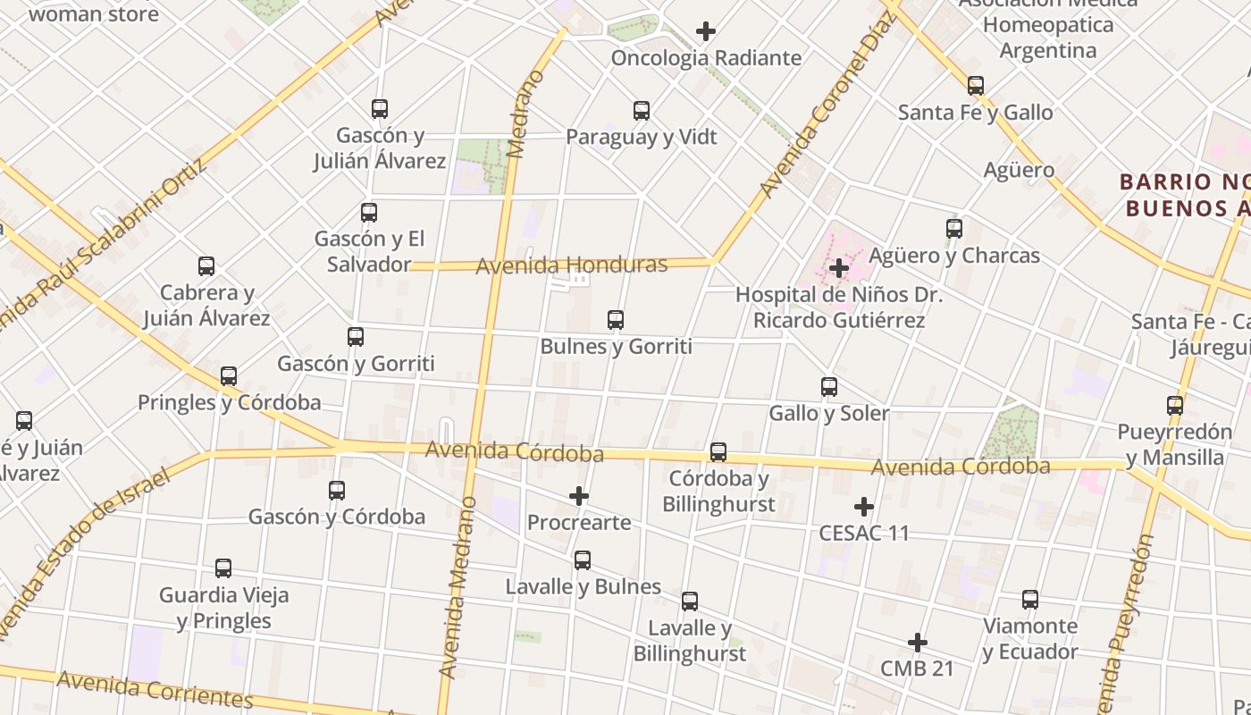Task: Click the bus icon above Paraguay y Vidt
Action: [642, 111]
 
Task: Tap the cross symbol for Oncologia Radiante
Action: [706, 31]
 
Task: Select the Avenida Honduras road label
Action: [572, 265]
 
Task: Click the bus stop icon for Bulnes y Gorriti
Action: [616, 320]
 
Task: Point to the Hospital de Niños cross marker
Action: [838, 267]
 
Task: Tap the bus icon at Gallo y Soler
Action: [829, 387]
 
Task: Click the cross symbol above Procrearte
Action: [579, 496]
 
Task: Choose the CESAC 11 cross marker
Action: [863, 507]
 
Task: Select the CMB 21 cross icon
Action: [917, 643]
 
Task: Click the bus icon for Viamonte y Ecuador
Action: [1030, 600]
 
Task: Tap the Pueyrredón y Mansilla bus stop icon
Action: [1175, 406]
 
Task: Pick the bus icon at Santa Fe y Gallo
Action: [976, 86]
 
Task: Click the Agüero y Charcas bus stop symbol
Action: [954, 229]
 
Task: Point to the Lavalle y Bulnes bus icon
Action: [583, 560]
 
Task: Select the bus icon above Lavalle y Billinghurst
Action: [690, 601]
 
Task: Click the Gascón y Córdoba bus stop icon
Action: [337, 491]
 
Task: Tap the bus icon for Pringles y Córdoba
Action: [229, 376]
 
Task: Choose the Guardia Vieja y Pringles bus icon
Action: [223, 568]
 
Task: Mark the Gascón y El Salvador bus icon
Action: [369, 213]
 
